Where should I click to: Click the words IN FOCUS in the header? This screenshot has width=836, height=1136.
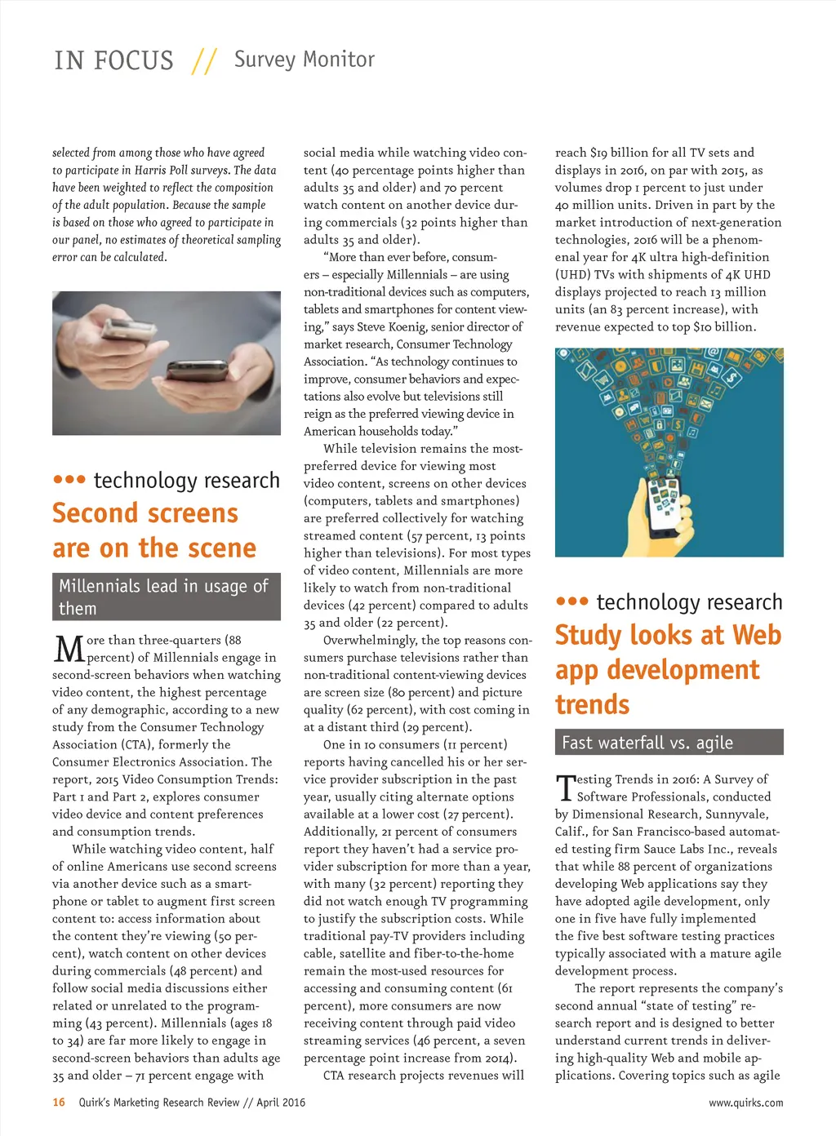(x=113, y=61)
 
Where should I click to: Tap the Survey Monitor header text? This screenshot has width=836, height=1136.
(x=304, y=60)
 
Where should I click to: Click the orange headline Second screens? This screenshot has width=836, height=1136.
(x=145, y=513)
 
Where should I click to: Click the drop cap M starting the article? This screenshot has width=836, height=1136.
(x=69, y=650)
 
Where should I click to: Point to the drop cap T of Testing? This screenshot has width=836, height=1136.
(x=565, y=788)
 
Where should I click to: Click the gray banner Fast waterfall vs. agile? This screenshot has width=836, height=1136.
(x=669, y=743)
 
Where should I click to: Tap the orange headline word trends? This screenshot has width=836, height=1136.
(x=592, y=704)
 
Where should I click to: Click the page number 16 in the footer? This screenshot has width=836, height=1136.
(x=59, y=1103)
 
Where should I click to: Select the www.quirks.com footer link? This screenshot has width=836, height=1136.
(x=745, y=1103)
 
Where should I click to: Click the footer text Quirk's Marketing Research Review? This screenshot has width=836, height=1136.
(x=159, y=1103)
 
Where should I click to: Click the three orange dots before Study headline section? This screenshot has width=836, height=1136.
(x=571, y=601)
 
